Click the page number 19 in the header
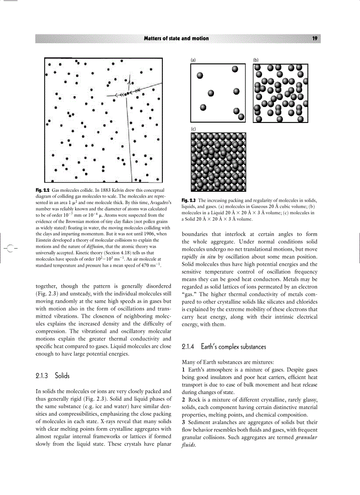[x=315, y=38]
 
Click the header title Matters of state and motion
[x=176, y=38]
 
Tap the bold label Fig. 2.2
[x=42, y=190]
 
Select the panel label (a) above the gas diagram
[x=193, y=60]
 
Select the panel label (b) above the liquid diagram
[x=256, y=60]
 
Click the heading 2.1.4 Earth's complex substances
[x=224, y=347]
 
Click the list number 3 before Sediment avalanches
[x=184, y=422]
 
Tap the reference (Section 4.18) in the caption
[x=128, y=253]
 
